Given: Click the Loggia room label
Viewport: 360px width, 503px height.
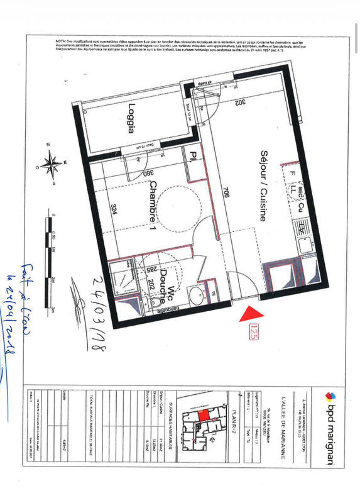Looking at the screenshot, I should pos(132,119).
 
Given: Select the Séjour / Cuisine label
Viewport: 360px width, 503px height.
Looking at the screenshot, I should pos(264,185).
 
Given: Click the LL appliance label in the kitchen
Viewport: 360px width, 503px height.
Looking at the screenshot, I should pos(293,188).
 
